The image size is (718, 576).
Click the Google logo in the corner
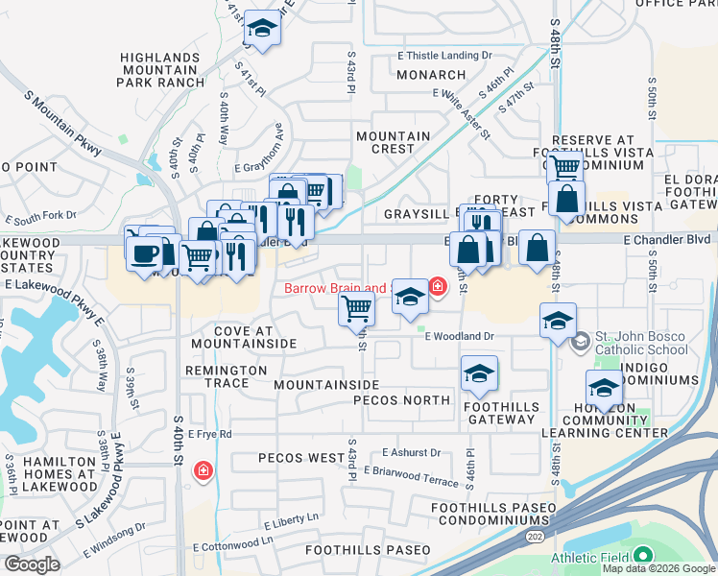32,564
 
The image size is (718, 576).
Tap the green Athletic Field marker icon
642,556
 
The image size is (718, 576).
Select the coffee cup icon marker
145,254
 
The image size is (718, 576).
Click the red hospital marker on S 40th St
203,470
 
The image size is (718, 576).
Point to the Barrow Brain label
334,288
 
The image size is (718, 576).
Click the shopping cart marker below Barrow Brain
356,309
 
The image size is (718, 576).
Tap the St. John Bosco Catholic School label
641,343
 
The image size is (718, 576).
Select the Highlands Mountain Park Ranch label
161,70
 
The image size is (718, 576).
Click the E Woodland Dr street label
459,336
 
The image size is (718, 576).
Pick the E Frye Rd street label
210,435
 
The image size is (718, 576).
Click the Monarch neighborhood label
431,75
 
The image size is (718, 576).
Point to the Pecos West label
301,458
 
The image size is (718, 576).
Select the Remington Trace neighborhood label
226,376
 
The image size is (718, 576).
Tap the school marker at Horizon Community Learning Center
604,388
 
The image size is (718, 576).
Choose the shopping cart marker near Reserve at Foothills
565,167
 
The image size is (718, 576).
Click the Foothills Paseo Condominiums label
493,514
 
